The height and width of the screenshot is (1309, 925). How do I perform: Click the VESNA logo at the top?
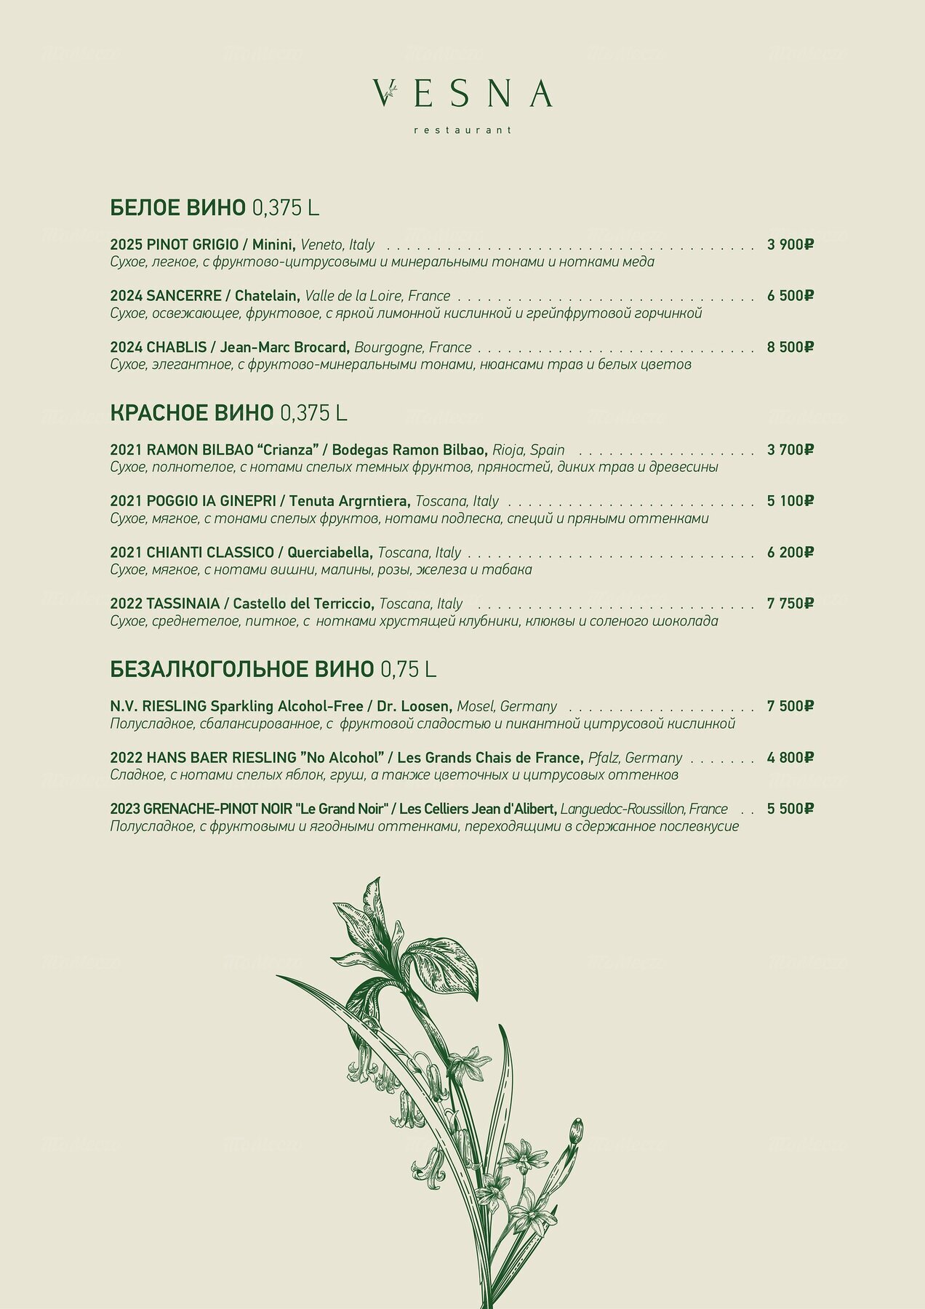coord(462,94)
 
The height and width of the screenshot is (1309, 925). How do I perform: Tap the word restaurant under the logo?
coord(462,130)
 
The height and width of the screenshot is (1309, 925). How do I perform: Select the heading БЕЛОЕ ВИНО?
coord(178,208)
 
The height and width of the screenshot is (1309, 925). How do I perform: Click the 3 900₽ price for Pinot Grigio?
coord(790,244)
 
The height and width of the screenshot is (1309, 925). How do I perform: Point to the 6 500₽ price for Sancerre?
coord(790,296)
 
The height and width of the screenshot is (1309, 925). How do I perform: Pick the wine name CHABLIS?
coord(177,348)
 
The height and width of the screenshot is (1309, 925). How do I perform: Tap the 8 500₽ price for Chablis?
coord(790,348)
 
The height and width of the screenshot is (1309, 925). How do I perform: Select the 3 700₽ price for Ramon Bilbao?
coord(790,450)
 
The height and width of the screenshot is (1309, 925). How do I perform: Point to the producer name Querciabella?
coord(329,553)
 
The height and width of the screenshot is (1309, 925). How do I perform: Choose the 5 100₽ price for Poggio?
coord(790,501)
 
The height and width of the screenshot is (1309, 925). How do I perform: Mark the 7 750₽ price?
coord(790,604)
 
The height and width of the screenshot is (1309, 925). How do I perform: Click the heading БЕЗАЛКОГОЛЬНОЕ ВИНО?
coord(242,669)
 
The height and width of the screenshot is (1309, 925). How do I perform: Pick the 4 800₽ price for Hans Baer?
coord(790,758)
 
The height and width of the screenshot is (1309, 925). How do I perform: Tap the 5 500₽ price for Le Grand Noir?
coord(790,809)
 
